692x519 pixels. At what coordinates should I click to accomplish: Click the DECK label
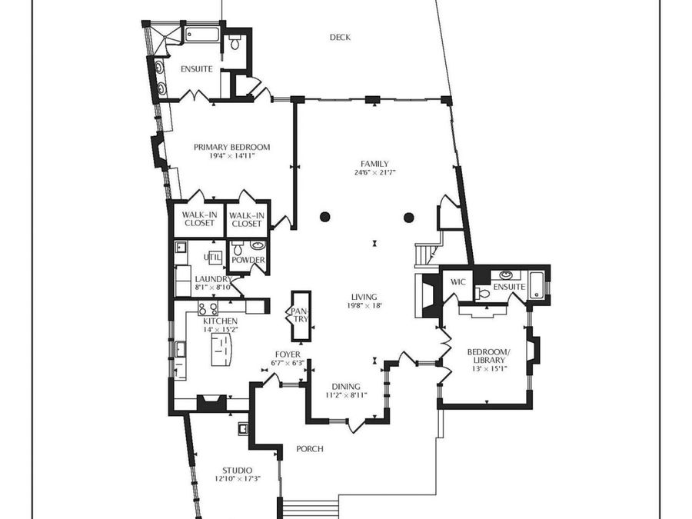[x=340, y=38]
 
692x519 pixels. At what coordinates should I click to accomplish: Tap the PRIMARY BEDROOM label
[x=231, y=147]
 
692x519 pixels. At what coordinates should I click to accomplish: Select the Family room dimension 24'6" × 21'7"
[x=374, y=172]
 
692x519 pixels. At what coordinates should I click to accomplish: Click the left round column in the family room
[x=324, y=217]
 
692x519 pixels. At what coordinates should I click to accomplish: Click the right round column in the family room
[x=409, y=217]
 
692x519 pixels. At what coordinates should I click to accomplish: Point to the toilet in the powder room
[x=238, y=248]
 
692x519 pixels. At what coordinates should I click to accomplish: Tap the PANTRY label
[x=301, y=314]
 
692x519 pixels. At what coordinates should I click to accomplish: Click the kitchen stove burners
[x=208, y=308]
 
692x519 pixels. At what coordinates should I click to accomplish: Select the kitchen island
[x=221, y=349]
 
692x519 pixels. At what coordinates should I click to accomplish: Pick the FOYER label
[x=288, y=354]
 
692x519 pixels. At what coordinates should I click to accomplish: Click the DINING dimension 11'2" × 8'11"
[x=346, y=395]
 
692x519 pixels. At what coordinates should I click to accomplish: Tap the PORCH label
[x=309, y=449]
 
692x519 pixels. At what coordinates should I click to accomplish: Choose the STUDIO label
[x=237, y=471]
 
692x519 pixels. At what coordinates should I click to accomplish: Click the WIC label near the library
[x=457, y=282]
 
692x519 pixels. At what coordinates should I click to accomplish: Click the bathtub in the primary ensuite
[x=201, y=35]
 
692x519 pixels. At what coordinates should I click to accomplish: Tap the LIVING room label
[x=364, y=297]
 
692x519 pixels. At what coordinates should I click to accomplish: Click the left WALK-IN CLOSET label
[x=199, y=219]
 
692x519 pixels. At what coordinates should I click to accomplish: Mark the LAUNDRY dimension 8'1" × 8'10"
[x=213, y=288]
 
